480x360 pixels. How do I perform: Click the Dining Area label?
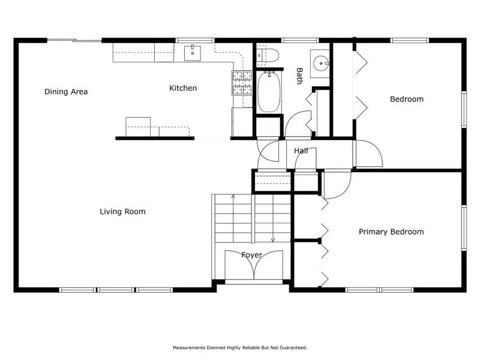coord(66,92)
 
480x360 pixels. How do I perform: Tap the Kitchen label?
coord(183,88)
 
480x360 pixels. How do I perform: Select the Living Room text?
coord(122,212)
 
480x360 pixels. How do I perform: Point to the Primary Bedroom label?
coord(391,232)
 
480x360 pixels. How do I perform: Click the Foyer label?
coord(251,255)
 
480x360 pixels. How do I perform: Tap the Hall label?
coord(301,151)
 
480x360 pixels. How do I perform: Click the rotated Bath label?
coord(299,76)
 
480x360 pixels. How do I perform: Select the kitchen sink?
coord(193,53)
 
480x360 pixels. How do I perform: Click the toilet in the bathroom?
coord(267,56)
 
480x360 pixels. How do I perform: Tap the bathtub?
coord(269,92)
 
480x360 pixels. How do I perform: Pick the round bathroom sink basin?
coord(321,64)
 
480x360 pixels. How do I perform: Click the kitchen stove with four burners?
coord(242,83)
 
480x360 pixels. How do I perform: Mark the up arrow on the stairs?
coord(233,218)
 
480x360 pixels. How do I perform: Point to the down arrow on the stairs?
coord(273,218)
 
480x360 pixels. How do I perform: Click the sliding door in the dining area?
coord(74,40)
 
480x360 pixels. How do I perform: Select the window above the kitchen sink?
coord(195,40)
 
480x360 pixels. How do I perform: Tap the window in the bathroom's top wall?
coord(300,40)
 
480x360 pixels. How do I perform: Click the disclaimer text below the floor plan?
coord(240,348)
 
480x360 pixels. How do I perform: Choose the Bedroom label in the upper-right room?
coord(407,99)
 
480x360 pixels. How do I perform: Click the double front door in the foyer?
coord(254,265)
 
